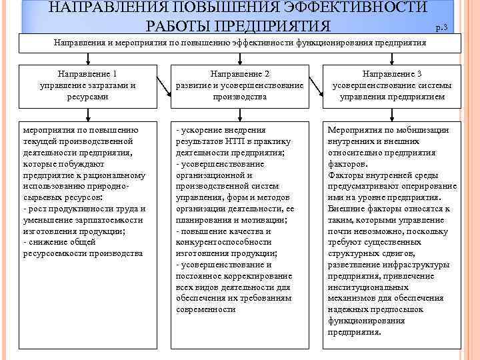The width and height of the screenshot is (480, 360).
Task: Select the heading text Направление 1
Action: (x=88, y=75)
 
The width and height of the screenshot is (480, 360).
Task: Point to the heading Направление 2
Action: (x=239, y=75)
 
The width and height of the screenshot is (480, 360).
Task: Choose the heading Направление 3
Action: (x=391, y=75)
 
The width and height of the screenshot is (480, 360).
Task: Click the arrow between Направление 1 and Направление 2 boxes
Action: (x=162, y=85)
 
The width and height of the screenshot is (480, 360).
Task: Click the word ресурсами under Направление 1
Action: (x=88, y=96)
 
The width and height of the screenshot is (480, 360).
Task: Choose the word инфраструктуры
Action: (x=409, y=265)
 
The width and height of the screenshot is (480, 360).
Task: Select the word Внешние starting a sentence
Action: (x=346, y=209)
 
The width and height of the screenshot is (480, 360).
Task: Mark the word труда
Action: (x=134, y=209)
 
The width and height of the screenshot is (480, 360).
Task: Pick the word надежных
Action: (x=349, y=310)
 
